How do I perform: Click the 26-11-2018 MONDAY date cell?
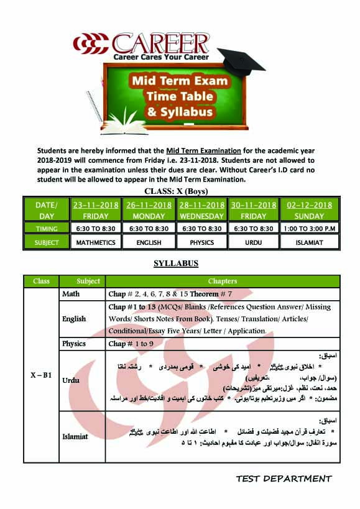[149, 210]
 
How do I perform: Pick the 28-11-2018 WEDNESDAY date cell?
[201, 210]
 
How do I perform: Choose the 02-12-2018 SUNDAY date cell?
[309, 210]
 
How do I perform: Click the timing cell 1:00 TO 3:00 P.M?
[309, 229]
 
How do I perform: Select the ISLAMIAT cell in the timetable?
[309, 242]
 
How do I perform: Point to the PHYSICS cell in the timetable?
[201, 242]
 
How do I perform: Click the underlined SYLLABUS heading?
[176, 264]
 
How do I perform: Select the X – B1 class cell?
[41, 375]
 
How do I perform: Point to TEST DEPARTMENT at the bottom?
[284, 479]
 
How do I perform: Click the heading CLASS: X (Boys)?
[176, 191]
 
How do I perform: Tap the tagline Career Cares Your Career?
[160, 57]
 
